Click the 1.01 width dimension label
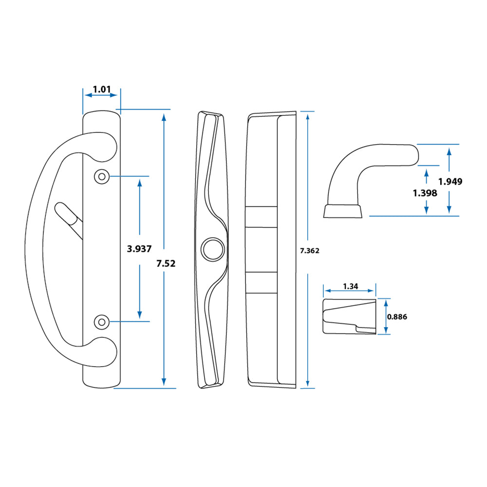pos(102,90)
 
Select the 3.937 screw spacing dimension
pos(139,249)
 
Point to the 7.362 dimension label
pos(309,251)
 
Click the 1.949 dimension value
pos(450,182)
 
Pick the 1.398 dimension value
pos(425,193)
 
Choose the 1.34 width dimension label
pos(350,286)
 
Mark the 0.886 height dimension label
pos(396,317)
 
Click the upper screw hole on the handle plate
pos(102,176)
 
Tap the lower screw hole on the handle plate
pos(101,321)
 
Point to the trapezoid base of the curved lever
pos(343,211)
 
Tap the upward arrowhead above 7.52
pos(164,116)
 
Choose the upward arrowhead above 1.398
pos(427,172)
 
